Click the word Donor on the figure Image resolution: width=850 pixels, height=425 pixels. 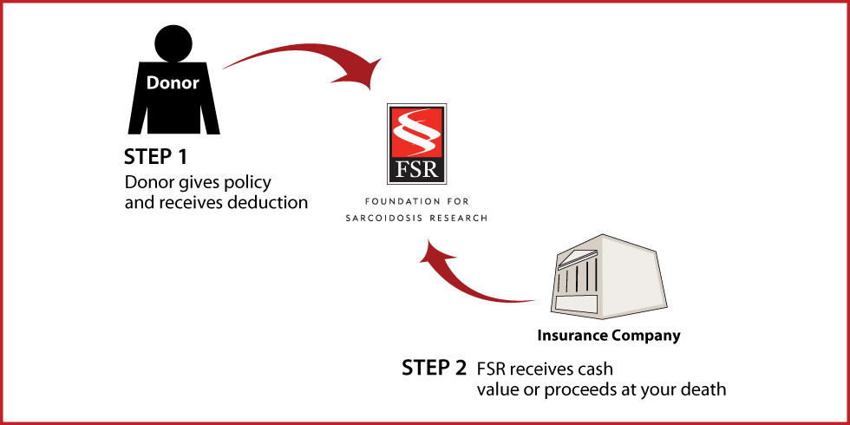[173, 83]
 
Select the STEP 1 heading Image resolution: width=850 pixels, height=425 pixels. [155, 157]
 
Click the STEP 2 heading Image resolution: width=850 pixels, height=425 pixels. [434, 368]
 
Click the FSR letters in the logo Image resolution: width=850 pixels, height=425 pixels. [417, 170]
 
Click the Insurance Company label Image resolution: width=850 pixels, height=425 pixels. [609, 337]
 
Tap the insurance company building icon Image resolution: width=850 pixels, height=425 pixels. [609, 277]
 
